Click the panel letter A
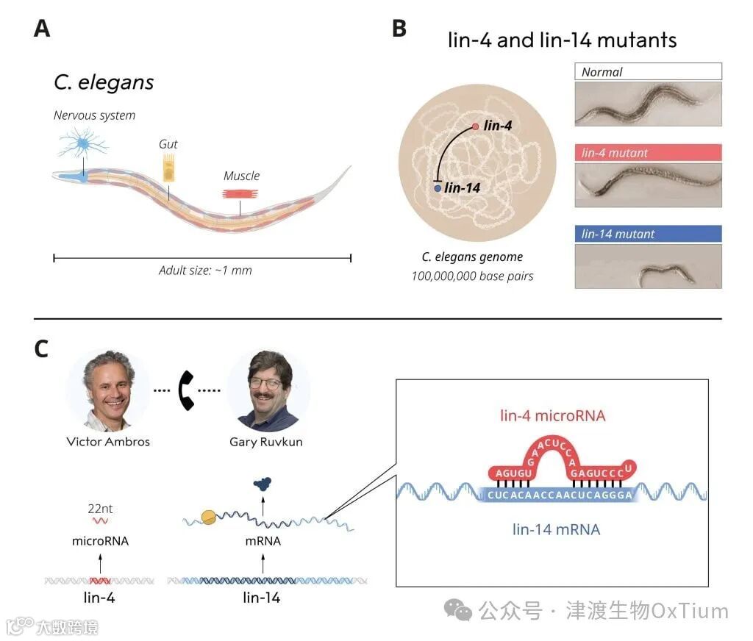(42, 29)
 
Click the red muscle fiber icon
(241, 193)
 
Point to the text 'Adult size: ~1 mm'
(205, 270)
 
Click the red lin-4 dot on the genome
(476, 127)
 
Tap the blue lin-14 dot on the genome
(438, 189)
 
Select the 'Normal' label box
(647, 71)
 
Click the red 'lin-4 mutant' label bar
(647, 153)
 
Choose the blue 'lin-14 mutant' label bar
(647, 234)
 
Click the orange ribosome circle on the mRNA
(208, 518)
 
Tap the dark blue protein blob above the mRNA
(262, 483)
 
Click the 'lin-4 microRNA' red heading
(552, 416)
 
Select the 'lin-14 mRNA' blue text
(555, 529)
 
